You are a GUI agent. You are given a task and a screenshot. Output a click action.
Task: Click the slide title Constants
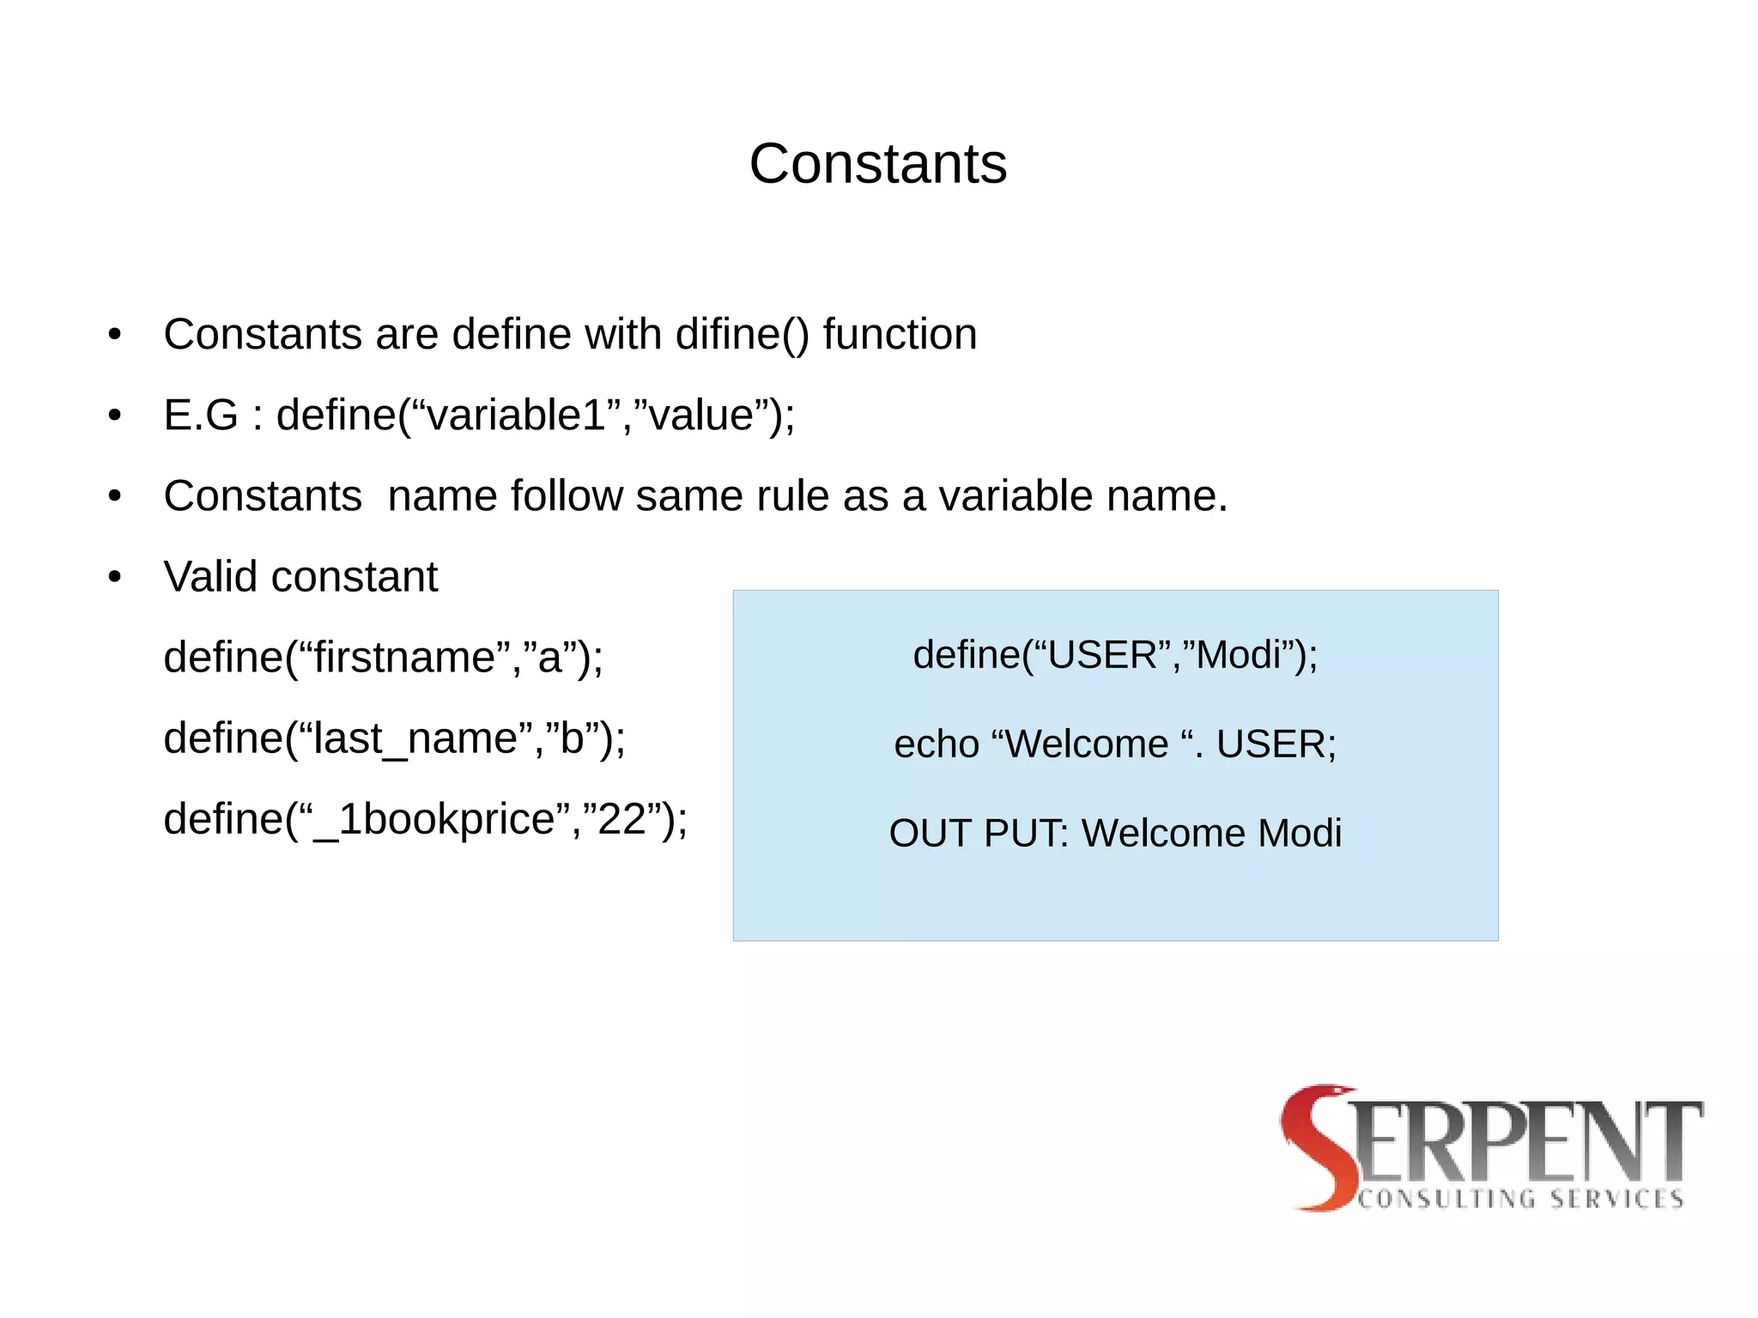[x=877, y=163]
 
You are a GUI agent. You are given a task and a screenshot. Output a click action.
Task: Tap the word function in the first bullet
[x=900, y=334]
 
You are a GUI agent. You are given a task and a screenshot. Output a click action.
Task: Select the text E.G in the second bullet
[x=200, y=416]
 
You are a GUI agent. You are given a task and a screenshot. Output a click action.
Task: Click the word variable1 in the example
[x=516, y=416]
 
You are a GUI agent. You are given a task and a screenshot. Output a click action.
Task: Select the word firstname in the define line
[x=404, y=658]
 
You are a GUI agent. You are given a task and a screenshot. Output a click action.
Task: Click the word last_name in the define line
[x=415, y=739]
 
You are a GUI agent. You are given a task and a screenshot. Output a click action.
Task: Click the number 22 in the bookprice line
[x=621, y=819]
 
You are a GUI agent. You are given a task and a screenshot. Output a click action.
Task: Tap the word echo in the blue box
[x=936, y=744]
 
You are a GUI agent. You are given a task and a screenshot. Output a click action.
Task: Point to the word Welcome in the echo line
[x=1087, y=744]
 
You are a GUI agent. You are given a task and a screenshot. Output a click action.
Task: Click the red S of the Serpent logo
[x=1318, y=1146]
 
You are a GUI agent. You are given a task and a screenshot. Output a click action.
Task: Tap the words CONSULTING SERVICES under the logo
[x=1520, y=1199]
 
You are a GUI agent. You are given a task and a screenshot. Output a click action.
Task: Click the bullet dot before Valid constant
[x=115, y=578]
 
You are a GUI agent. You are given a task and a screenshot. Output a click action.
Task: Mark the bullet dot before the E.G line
[x=115, y=416]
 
